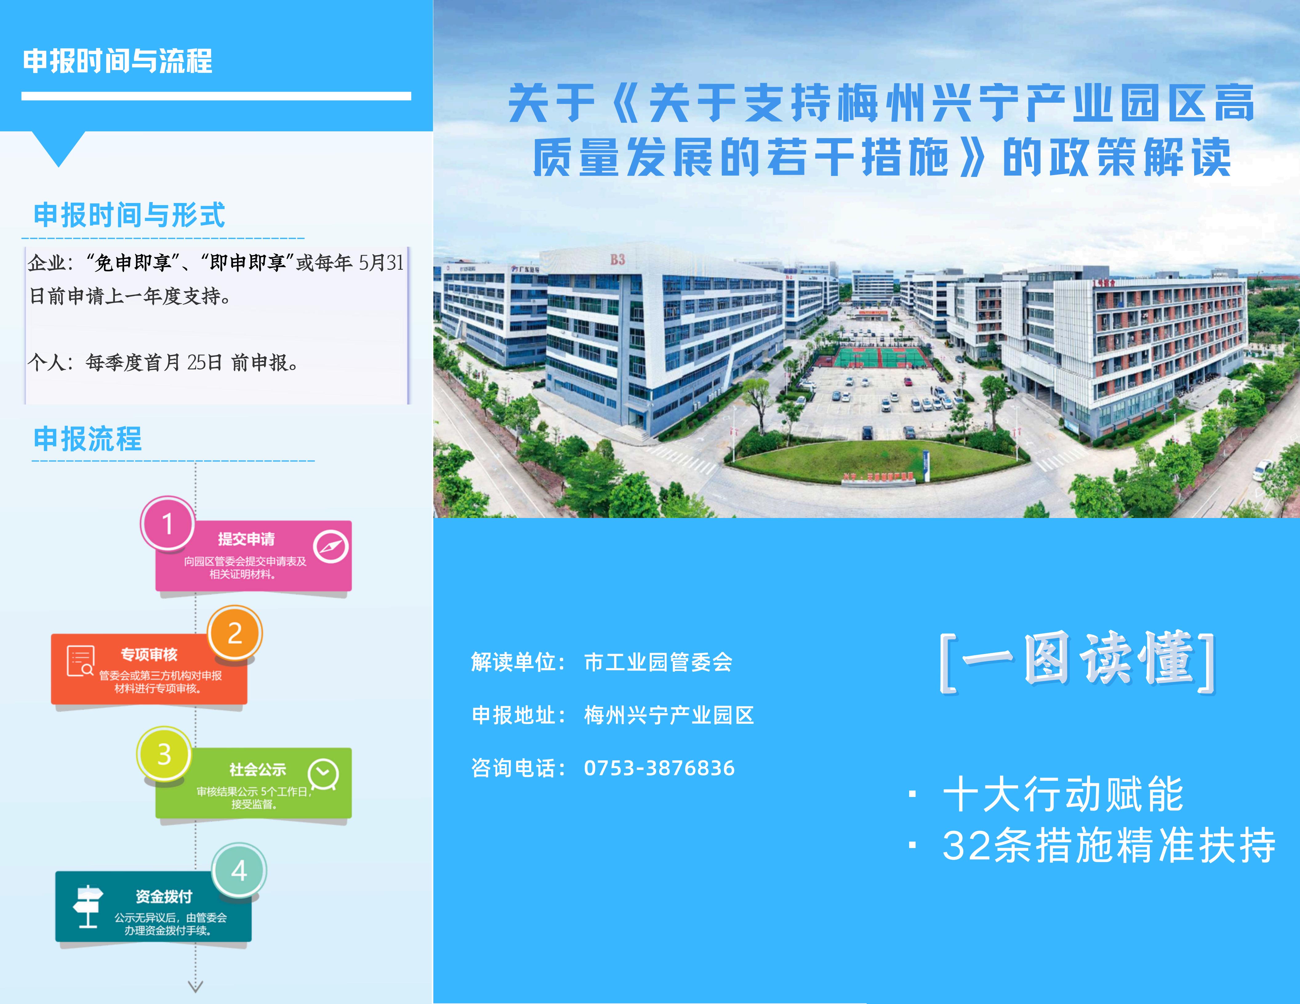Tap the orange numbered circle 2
[x=235, y=633]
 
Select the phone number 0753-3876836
[x=659, y=768]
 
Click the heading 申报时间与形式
[x=129, y=215]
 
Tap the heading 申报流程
[x=87, y=439]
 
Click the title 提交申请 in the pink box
[x=246, y=539]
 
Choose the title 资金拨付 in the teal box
[x=164, y=896]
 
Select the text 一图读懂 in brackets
[x=1077, y=660]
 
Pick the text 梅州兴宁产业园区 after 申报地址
[x=669, y=715]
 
